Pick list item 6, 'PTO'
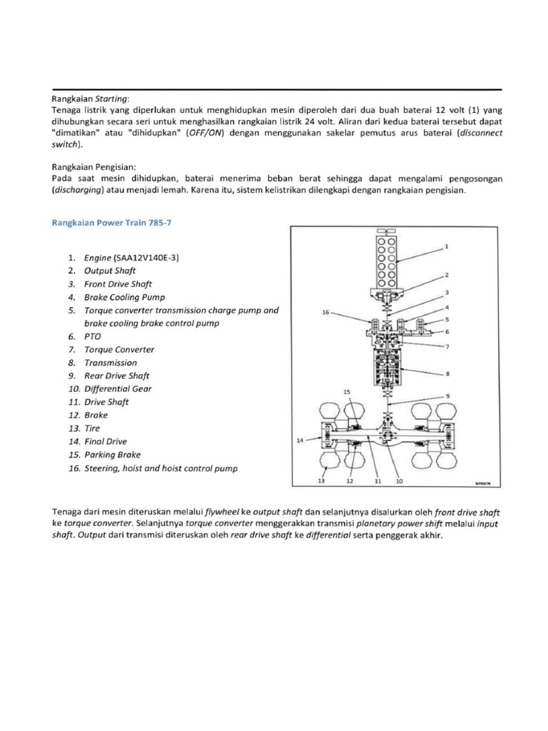(93, 336)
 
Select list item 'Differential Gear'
(118, 389)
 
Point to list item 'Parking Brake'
(112, 455)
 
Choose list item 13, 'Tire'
(92, 428)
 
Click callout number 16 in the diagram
(325, 313)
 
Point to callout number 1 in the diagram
(446, 246)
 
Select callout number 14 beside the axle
(300, 442)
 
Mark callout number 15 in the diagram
(347, 392)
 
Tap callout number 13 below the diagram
(322, 482)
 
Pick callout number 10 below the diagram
(399, 482)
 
